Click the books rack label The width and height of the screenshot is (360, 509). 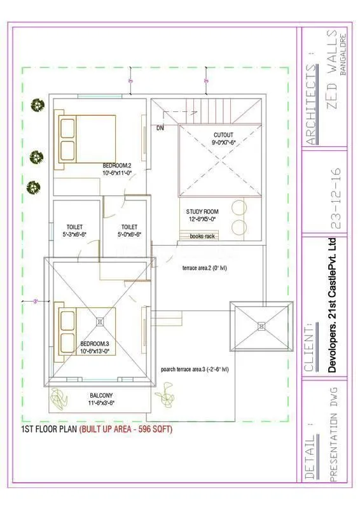point(202,237)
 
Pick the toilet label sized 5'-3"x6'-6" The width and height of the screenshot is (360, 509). point(74,230)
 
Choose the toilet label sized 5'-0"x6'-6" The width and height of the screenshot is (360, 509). point(129,230)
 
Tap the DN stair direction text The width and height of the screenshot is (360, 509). point(160,128)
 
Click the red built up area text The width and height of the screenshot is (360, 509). point(126,429)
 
